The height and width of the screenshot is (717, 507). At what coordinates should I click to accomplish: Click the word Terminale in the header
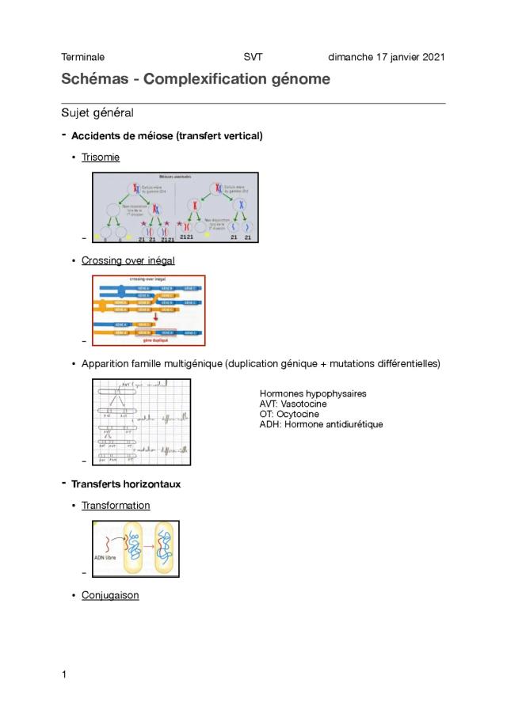tap(82, 57)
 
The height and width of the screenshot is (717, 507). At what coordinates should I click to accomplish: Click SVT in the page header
tap(253, 57)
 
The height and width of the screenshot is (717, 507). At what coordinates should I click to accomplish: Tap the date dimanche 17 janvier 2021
tap(387, 57)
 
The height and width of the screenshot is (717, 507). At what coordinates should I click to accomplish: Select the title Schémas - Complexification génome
tap(196, 80)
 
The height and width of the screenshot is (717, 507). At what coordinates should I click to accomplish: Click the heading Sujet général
tap(99, 113)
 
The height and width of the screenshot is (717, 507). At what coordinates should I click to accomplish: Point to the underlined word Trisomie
tap(101, 157)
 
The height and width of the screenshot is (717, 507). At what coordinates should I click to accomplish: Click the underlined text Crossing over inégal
tap(128, 260)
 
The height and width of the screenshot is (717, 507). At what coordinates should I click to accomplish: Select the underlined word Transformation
tap(116, 505)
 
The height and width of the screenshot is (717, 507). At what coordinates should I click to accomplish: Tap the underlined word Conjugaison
tap(110, 595)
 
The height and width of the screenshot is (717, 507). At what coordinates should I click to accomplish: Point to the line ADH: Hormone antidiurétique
tap(321, 424)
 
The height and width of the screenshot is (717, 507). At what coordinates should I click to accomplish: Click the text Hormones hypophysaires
tap(313, 393)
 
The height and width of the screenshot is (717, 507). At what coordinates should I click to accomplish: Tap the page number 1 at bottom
tap(64, 674)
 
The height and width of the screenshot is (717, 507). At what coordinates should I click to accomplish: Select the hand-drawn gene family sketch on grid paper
tap(142, 422)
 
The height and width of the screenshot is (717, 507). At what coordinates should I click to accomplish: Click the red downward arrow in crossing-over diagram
tap(156, 314)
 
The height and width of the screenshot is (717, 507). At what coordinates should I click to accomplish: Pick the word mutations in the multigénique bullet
tap(353, 363)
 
